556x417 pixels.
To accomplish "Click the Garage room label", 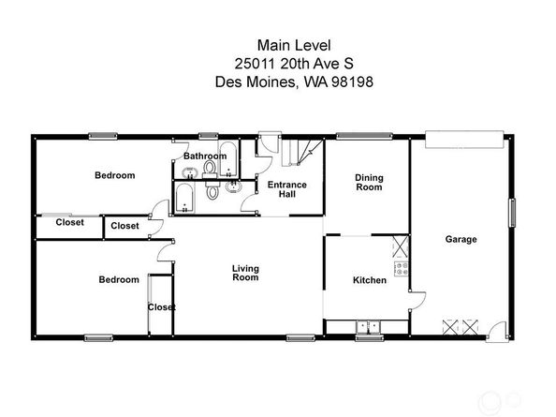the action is (x=461, y=239).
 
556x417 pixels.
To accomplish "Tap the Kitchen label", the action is (x=370, y=280).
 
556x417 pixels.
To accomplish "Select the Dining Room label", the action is (x=369, y=183).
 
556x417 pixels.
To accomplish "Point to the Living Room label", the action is (x=245, y=273).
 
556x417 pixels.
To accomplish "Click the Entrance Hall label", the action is (x=286, y=189).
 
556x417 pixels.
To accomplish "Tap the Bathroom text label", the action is (x=205, y=156).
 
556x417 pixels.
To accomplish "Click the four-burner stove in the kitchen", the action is (x=402, y=269).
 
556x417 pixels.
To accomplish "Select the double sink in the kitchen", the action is (x=369, y=327).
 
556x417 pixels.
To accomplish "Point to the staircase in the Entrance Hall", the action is (x=302, y=153).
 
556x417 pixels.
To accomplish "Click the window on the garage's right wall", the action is (x=512, y=213).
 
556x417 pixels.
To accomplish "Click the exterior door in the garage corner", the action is (x=496, y=332).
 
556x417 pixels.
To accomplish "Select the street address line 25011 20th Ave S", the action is (x=294, y=64).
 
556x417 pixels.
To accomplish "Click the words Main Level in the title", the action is (x=294, y=45).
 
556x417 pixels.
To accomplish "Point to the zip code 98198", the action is (x=353, y=82).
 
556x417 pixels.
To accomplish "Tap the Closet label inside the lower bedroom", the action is (x=162, y=307).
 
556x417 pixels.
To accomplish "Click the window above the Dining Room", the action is (x=364, y=136).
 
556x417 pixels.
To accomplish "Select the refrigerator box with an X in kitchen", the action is (x=401, y=246).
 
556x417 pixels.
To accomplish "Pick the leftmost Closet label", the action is (x=70, y=222).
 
